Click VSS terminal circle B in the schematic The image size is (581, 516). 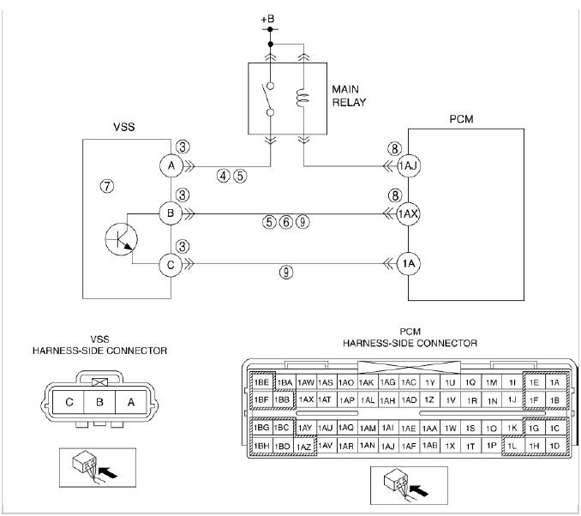point(171,213)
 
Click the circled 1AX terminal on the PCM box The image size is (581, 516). point(407,213)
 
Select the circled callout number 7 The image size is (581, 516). point(106,188)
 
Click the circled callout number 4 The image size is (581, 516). point(224,176)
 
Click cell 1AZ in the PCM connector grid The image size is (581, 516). point(303,447)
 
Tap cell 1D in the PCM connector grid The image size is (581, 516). point(554,447)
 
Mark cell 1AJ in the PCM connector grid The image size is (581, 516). point(387,447)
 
